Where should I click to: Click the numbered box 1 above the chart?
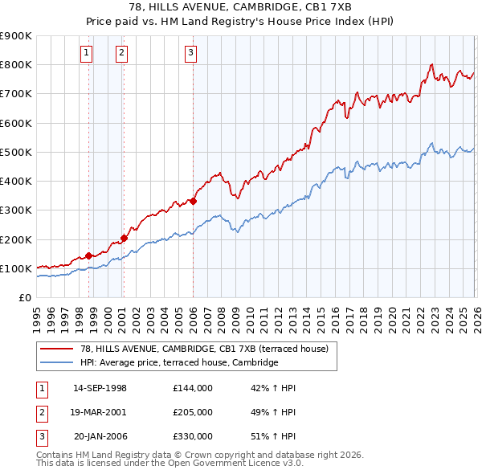coord(86,54)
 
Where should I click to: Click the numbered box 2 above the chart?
coord(121,54)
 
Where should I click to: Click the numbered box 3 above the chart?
coord(191,54)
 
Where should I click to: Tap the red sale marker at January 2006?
coord(194,201)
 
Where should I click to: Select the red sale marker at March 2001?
coord(125,238)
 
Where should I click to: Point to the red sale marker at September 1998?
coord(88,255)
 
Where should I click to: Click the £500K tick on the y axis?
coord(16,152)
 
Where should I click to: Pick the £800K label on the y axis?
coord(16,64)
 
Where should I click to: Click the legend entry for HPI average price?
coord(178,363)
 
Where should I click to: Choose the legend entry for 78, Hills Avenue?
coord(204,349)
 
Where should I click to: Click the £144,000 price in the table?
coord(193,388)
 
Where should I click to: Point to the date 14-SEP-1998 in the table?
coord(100,388)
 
